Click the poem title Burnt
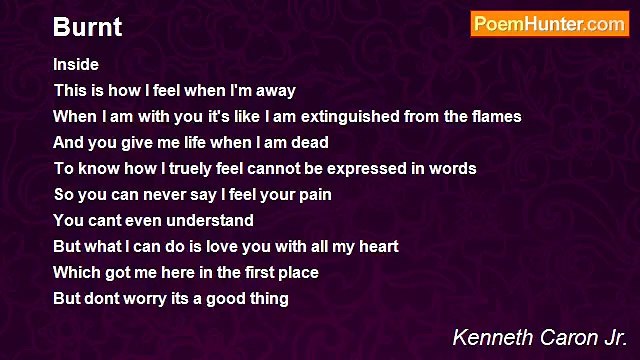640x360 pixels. (x=87, y=27)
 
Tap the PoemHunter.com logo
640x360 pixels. (x=549, y=24)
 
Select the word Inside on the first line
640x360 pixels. (x=76, y=64)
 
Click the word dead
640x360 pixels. (x=309, y=142)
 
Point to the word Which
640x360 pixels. (x=76, y=272)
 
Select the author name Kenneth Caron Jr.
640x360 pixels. (x=539, y=337)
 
